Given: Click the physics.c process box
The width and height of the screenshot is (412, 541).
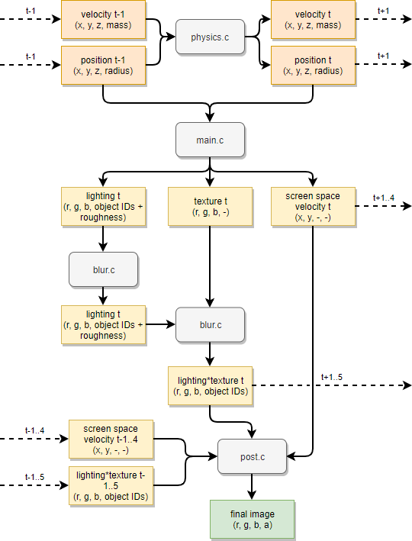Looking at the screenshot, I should click(210, 37).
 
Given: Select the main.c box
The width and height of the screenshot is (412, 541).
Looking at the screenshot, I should click(210, 140).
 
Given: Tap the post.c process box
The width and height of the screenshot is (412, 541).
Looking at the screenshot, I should click(253, 457).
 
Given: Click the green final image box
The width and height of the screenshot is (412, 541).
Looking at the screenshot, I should click(252, 519).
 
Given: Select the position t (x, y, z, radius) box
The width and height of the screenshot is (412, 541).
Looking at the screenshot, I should click(313, 65).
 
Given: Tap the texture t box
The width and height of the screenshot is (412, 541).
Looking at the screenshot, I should click(210, 207).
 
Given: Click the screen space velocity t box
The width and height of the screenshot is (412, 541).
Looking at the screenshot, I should click(313, 207).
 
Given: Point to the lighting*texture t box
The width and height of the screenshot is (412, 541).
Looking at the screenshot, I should click(210, 385).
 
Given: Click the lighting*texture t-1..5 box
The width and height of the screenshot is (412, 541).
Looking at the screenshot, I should click(111, 485).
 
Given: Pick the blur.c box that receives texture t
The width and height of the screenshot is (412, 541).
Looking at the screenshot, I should click(210, 324).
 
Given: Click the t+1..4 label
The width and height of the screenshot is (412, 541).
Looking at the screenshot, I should click(384, 198).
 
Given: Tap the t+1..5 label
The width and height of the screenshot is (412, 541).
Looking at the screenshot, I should click(332, 377).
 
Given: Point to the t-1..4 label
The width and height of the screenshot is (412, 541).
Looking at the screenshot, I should click(34, 430).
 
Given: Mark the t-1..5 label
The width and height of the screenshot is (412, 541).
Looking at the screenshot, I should click(34, 477).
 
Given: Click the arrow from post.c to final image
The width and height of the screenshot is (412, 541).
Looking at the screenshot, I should click(253, 487).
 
